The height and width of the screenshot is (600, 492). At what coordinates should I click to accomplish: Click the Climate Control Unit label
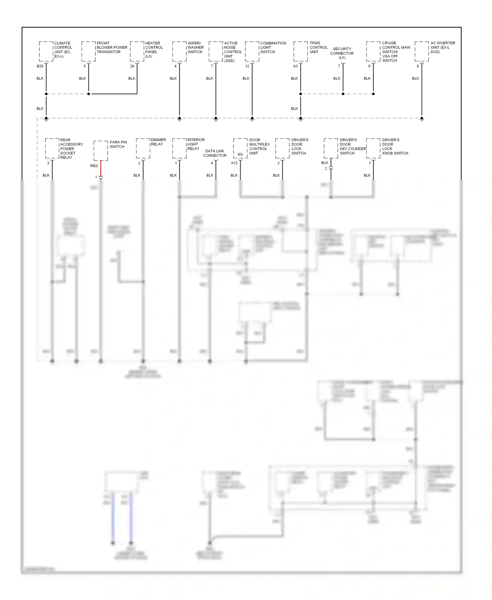[x=63, y=50]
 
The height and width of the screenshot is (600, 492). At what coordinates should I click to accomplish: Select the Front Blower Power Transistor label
[x=112, y=48]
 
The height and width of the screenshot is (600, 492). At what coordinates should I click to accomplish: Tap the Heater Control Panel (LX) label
[x=154, y=50]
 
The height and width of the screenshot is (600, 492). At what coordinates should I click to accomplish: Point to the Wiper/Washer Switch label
[x=195, y=48]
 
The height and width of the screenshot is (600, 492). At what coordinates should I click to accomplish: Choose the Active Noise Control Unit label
[x=233, y=52]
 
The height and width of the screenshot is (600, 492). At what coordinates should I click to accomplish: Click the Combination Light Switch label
[x=273, y=48]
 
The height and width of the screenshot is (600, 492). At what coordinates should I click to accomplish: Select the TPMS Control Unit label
[x=318, y=48]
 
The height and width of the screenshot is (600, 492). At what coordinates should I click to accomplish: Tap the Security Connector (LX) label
[x=342, y=53]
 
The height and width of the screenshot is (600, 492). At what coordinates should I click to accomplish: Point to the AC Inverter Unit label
[x=442, y=48]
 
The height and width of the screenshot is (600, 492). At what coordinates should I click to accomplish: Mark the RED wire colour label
[x=94, y=166]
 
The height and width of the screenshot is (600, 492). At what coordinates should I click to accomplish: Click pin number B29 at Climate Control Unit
[x=40, y=66]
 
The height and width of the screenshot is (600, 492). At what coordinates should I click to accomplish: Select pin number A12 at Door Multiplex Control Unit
[x=234, y=163]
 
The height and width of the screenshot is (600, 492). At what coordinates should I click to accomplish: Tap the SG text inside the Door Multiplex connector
[x=240, y=154]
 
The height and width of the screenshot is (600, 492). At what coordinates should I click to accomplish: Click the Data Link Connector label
[x=215, y=153]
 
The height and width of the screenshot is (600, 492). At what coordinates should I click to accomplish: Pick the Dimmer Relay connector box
[x=143, y=149]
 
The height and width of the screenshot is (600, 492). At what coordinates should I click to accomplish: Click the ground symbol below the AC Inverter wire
[x=422, y=119]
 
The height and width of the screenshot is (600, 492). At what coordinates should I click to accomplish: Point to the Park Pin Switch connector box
[x=101, y=151]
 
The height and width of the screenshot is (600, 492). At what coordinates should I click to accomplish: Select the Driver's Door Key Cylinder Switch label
[x=353, y=146]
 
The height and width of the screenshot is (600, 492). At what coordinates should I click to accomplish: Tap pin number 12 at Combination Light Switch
[x=247, y=66]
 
